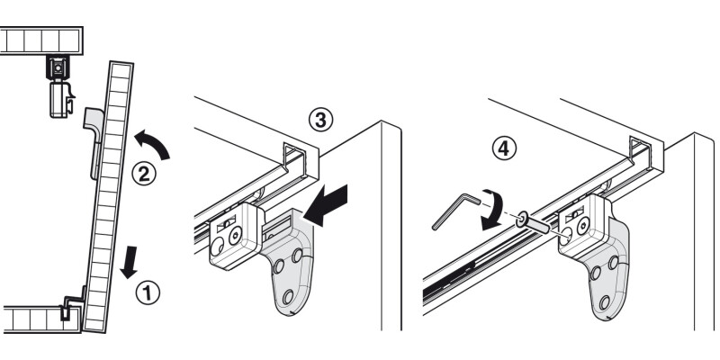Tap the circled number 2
coord(144,174)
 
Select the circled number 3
coord(320,120)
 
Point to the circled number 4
coord(504,148)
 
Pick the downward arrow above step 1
coord(129,262)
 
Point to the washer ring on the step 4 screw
coord(522,220)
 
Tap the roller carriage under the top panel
coord(59,87)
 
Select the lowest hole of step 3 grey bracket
coord(288,297)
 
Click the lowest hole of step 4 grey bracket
coord(604,302)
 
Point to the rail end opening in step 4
coord(640,152)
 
